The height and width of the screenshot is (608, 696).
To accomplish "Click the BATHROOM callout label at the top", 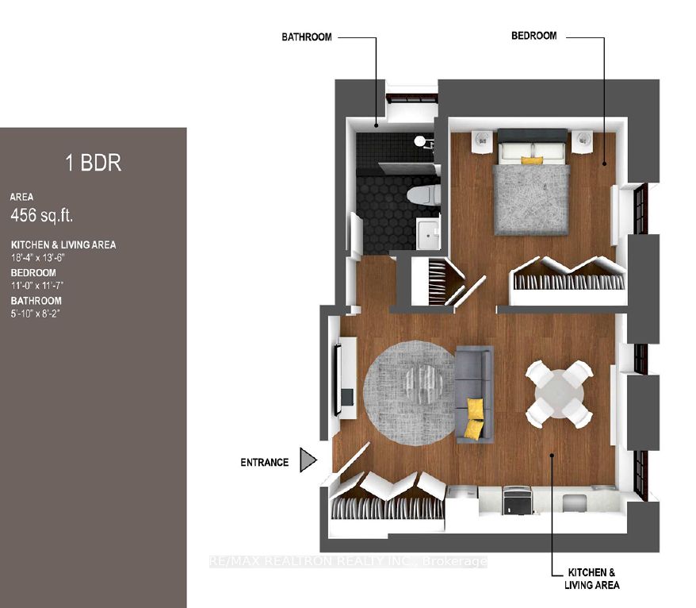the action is point(307,37).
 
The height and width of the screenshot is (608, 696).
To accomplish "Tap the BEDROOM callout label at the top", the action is point(534,36).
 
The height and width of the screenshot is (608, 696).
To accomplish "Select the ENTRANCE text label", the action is point(265,462).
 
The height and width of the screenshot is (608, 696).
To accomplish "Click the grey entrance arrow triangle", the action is point(308,460).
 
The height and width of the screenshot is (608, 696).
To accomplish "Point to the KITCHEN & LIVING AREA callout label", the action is point(591,579).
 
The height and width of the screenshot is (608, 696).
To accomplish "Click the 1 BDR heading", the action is point(94,163).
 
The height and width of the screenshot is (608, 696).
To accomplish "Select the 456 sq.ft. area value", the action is point(42,215).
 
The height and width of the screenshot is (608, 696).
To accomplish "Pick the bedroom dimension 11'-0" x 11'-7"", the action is point(34,285).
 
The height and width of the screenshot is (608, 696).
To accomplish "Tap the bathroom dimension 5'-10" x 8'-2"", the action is point(35,314).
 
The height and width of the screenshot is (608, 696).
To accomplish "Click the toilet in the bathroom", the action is point(423,194).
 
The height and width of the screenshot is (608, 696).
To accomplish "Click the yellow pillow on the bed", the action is point(532,160).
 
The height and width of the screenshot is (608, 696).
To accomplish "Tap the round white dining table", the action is point(560,394).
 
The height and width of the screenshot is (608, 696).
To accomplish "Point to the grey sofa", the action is point(474,394).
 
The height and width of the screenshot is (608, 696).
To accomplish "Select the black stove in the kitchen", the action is point(517,500).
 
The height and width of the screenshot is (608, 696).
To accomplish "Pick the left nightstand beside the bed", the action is point(482,141).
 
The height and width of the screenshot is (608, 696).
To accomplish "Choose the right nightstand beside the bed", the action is point(582,141).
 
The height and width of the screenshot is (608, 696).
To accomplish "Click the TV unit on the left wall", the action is point(346,379).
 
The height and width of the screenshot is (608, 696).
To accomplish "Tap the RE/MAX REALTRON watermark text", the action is point(348,561).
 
